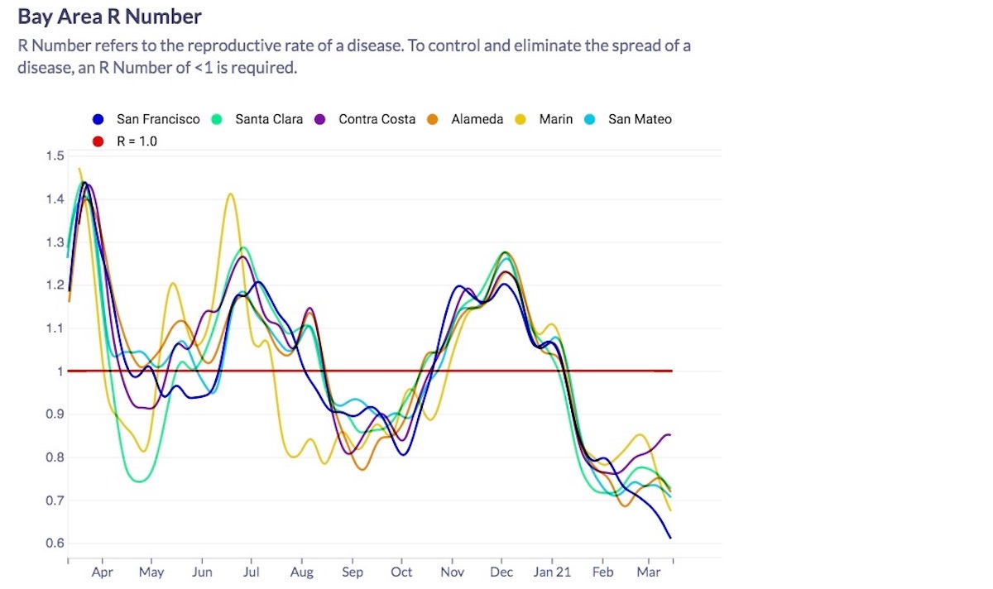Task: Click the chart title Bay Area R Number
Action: [109, 17]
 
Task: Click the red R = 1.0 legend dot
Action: [98, 141]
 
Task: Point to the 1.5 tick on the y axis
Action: [55, 156]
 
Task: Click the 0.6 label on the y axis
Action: [55, 544]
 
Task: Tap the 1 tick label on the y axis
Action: [60, 371]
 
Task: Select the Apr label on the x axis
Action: [103, 572]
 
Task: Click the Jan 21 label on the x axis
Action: [552, 572]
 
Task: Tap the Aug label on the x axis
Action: [302, 572]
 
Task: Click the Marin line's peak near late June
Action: [230, 194]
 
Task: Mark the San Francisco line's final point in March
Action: [670, 538]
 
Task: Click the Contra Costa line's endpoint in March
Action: [669, 434]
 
